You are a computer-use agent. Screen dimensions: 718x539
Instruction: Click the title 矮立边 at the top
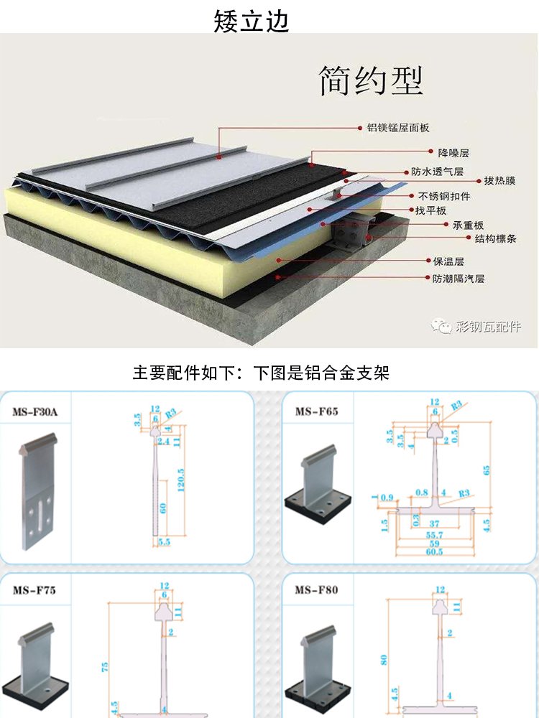pos(252,22)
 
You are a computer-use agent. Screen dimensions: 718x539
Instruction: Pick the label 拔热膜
pos(499,181)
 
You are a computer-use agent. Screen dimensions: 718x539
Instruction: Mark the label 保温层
pos(448,261)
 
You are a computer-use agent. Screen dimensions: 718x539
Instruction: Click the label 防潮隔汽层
pos(459,278)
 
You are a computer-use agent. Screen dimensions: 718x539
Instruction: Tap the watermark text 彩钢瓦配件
pos(488,327)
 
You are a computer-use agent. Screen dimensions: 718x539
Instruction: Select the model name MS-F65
pos(316,411)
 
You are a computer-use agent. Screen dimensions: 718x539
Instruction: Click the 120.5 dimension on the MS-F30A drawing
pos(180,480)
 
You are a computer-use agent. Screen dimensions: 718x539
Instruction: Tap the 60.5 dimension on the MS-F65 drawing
pos(433,552)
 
